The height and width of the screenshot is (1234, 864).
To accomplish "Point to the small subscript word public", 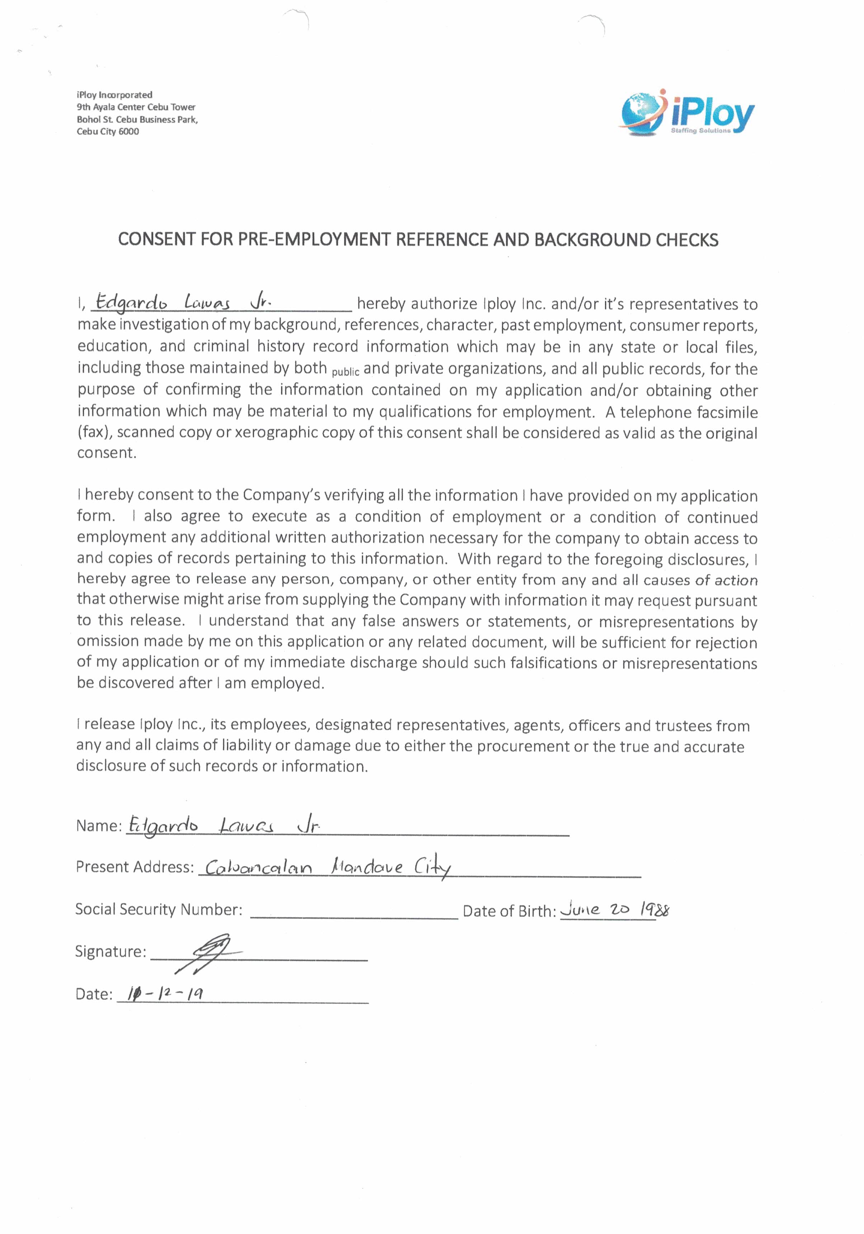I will coord(345,372).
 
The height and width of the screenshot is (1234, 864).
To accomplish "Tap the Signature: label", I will coord(110,951).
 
